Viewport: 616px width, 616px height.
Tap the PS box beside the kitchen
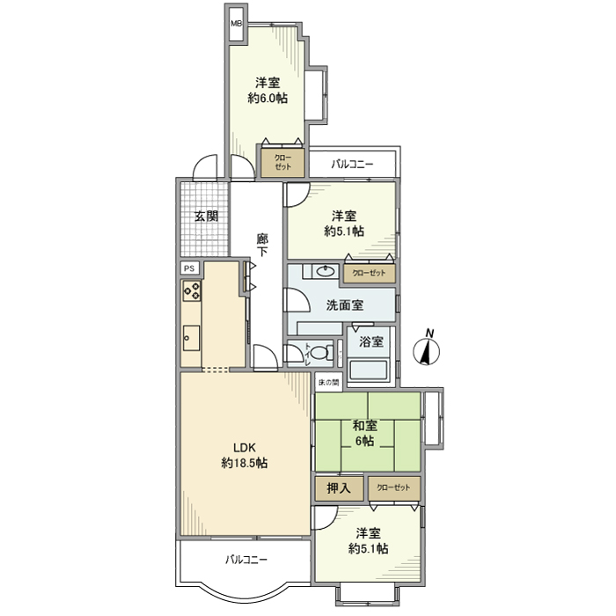(189, 268)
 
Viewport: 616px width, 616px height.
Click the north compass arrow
(429, 349)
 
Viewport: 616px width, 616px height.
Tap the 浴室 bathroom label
(370, 341)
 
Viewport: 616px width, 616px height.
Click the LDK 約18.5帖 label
(245, 455)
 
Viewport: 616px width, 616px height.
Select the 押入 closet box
(338, 488)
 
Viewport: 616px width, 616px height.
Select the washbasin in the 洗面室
(325, 271)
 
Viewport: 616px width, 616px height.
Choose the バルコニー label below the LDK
(246, 560)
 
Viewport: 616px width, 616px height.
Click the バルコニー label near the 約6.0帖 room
(352, 164)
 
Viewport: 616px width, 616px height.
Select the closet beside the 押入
(392, 488)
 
